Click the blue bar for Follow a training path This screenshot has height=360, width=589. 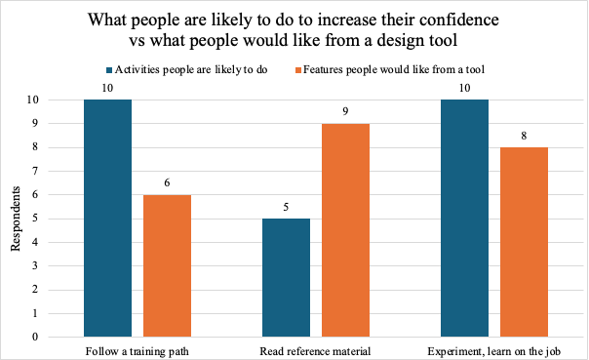coord(107,219)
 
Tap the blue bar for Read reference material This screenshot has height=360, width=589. coord(287,278)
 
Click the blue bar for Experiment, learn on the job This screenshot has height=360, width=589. coord(465,219)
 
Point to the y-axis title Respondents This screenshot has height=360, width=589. coord(18,219)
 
